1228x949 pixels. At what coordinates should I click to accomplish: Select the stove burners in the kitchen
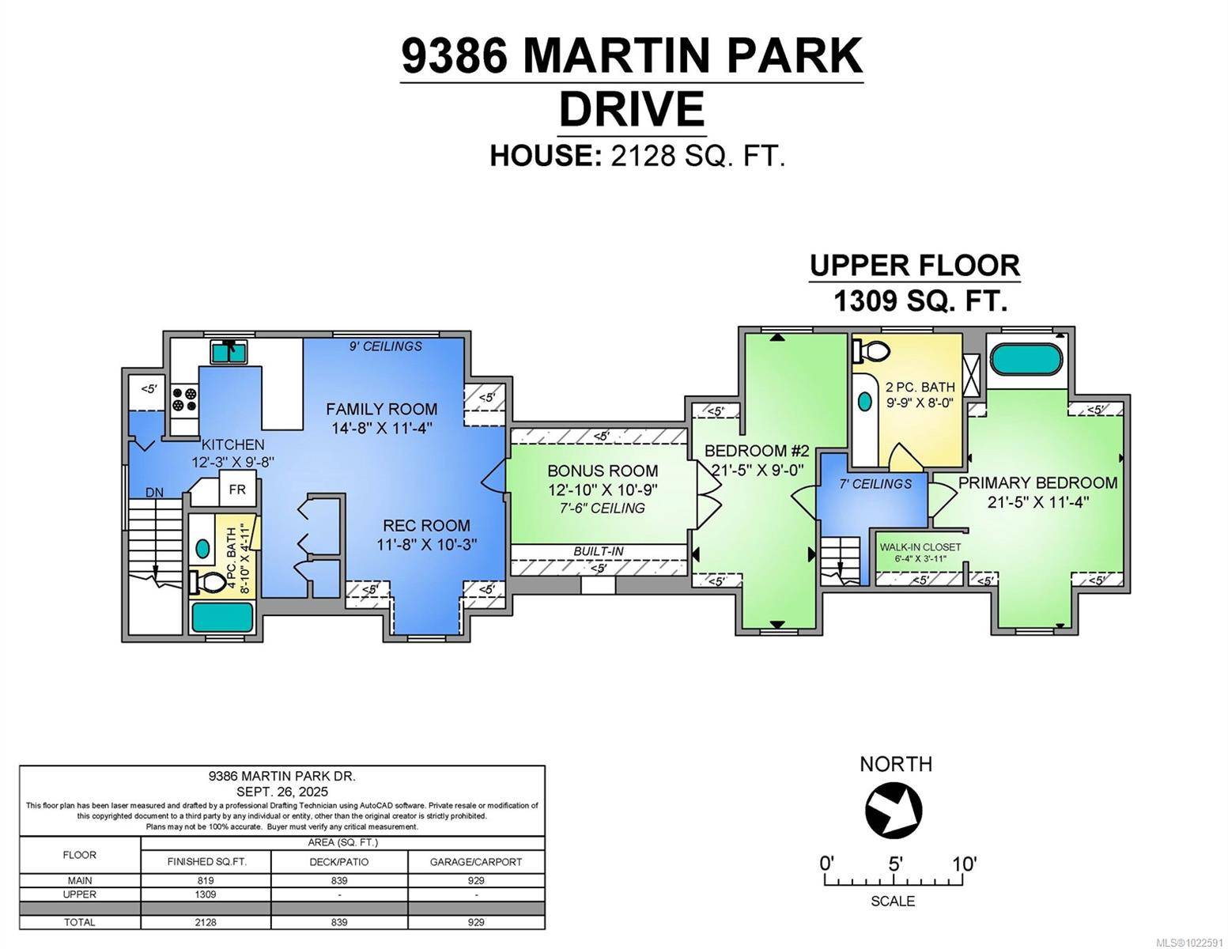click(x=184, y=399)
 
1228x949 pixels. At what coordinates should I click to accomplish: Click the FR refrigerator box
click(x=237, y=490)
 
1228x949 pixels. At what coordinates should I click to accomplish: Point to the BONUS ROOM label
click(x=603, y=471)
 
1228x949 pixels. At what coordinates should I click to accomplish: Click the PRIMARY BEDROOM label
click(x=1037, y=482)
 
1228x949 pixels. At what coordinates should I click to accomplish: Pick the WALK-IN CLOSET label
click(x=920, y=546)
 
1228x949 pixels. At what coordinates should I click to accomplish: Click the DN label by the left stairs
click(x=154, y=493)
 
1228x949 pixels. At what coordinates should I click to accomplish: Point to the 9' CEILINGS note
click(x=386, y=346)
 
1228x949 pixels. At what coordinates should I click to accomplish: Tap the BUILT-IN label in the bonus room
click(x=599, y=551)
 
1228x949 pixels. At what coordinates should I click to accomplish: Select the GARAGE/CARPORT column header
click(x=476, y=861)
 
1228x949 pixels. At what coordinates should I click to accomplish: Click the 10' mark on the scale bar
click(x=964, y=864)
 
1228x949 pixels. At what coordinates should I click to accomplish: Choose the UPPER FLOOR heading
click(x=914, y=266)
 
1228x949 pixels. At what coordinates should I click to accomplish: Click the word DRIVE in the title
click(x=631, y=108)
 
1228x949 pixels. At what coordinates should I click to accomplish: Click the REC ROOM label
click(x=426, y=525)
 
